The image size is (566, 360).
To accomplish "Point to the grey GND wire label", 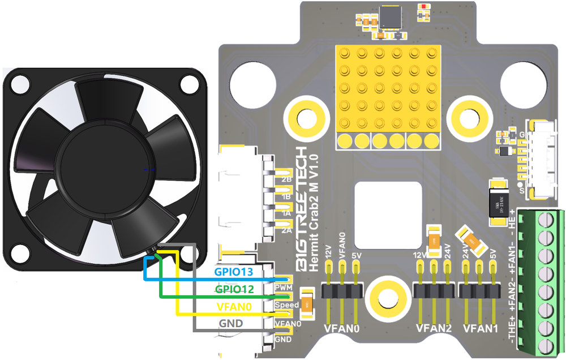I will (x=231, y=323).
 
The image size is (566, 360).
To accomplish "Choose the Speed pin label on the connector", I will (x=286, y=305).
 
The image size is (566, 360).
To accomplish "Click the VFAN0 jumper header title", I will (x=342, y=328).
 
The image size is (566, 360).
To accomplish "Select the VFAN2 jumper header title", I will (x=434, y=328).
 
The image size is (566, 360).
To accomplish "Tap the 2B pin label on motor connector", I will (x=286, y=181).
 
